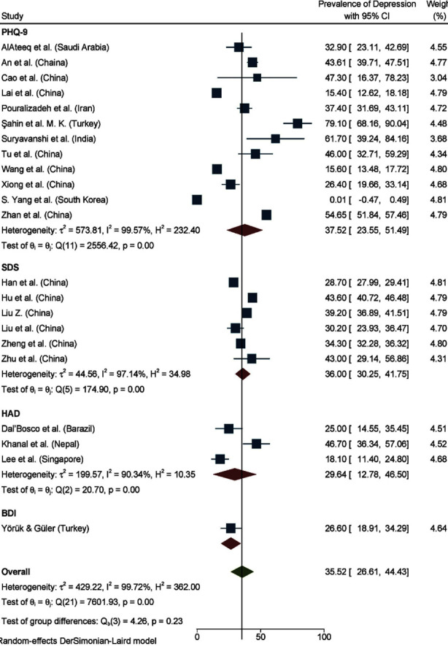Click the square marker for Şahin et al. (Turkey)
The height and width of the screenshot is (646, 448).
(x=297, y=123)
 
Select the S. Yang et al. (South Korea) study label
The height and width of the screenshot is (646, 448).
(x=55, y=200)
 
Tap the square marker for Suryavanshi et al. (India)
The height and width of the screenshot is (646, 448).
(x=276, y=139)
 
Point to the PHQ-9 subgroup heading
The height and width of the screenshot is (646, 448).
(x=15, y=31)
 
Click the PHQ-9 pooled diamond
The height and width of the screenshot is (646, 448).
(x=244, y=230)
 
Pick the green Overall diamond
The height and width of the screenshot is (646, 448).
(x=242, y=572)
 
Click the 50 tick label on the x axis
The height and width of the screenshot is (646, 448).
(x=260, y=637)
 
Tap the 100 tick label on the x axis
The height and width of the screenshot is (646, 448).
(x=324, y=637)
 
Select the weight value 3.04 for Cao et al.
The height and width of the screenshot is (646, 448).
(x=438, y=78)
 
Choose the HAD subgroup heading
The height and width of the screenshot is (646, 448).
(x=11, y=413)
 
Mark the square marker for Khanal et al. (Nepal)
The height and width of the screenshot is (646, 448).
(x=256, y=444)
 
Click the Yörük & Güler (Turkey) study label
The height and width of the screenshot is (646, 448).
(x=45, y=528)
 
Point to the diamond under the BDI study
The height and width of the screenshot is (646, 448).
(x=231, y=543)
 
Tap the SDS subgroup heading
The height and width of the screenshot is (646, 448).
(x=10, y=267)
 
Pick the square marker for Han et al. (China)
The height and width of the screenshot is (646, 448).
(x=233, y=282)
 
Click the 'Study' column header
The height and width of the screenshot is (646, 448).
(x=12, y=16)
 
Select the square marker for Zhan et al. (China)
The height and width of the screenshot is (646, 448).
(x=266, y=215)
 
